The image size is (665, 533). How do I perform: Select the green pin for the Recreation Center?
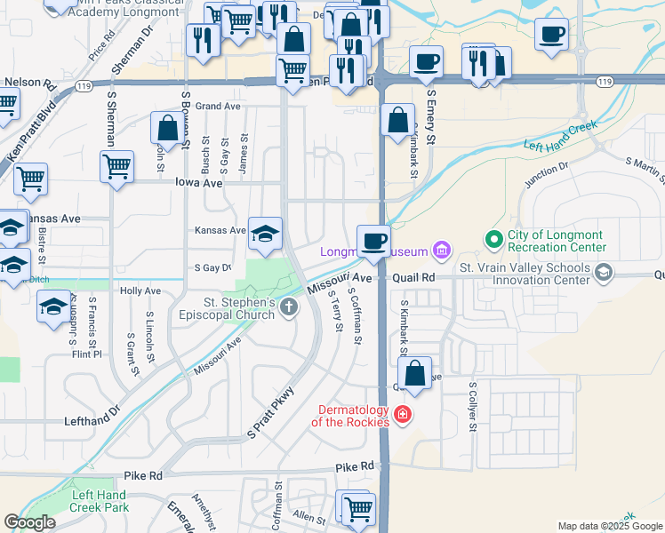coord(493,239)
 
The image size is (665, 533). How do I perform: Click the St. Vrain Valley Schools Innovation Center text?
coord(525,274)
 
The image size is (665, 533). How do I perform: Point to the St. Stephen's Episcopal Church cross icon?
coord(288,307)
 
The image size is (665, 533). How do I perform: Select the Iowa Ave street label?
coord(200,182)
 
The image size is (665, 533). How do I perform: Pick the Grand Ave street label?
coord(218,106)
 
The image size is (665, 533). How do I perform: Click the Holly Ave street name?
coord(140,290)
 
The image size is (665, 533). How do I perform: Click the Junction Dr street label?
coord(546,174)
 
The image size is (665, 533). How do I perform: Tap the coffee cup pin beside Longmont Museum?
coord(373,241)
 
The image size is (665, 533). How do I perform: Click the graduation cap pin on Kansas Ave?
coord(265,233)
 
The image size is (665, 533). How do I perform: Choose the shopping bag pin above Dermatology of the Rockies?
coord(414,373)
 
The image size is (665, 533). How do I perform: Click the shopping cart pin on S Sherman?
coord(116,166)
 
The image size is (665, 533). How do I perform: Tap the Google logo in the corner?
coord(29,522)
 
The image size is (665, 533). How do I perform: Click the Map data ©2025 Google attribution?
coord(609,526)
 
